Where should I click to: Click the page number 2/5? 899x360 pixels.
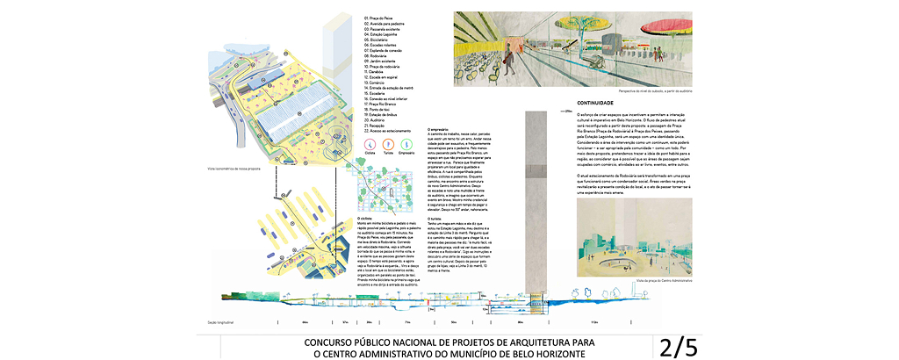point(678,347)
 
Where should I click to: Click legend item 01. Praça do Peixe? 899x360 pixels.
point(380,18)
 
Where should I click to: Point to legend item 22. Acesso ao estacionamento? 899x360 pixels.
point(390,132)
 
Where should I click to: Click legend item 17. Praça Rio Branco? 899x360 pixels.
point(383,103)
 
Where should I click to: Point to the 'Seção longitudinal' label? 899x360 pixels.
point(222,323)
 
